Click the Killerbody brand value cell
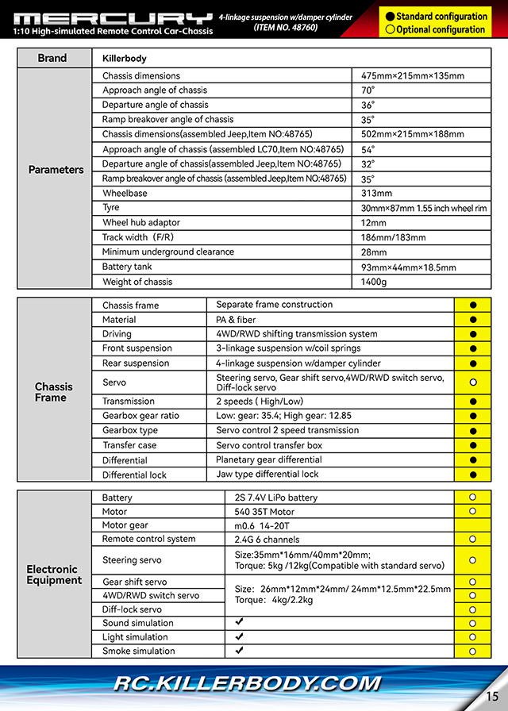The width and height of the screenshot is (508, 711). point(125,59)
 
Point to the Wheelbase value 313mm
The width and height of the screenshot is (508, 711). point(376,194)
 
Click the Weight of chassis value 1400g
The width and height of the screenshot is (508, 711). point(374,282)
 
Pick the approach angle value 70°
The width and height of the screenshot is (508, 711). point(368,90)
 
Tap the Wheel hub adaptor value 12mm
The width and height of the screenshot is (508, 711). point(373,223)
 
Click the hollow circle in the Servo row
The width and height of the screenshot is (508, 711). point(473,382)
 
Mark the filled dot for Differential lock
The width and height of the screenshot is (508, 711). point(473,475)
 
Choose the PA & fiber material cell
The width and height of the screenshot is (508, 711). point(236,320)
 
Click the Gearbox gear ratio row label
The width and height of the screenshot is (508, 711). point(140,416)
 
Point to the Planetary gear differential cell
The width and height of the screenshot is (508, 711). point(268,460)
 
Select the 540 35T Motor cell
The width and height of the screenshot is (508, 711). point(264,512)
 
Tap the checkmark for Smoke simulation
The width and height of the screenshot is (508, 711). point(239,651)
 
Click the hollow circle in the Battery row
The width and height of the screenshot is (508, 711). point(473,498)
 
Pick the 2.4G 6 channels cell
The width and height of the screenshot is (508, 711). point(267,540)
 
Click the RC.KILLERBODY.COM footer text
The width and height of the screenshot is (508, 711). point(247,683)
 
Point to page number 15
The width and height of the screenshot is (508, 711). point(492,697)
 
